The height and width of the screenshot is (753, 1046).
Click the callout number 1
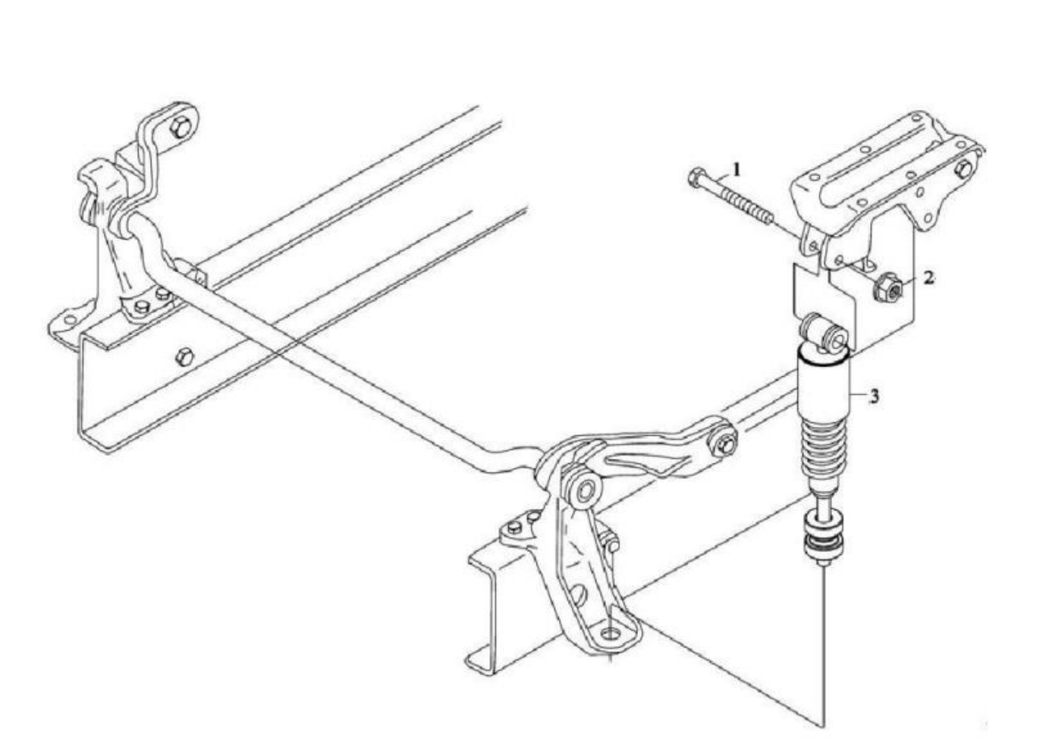[737, 169]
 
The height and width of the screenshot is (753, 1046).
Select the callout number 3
[874, 397]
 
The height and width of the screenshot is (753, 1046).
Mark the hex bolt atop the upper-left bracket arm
[181, 127]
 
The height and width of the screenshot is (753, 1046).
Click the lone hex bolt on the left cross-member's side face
[185, 358]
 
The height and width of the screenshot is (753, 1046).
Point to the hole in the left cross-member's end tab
[70, 320]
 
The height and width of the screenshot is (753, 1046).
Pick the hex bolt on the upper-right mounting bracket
[963, 169]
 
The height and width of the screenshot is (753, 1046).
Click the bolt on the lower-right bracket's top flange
[514, 527]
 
